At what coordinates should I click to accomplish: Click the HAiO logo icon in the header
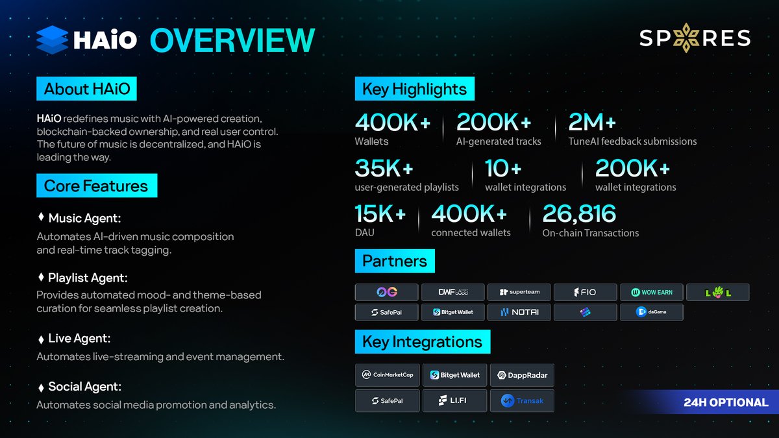point(53,39)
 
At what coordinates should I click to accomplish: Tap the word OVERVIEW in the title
point(232,40)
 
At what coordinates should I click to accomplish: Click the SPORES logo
point(695,38)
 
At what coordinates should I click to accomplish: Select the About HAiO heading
point(86,89)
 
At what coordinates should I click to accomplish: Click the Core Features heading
point(96,186)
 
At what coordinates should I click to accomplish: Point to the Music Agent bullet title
point(84,219)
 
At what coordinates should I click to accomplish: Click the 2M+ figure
point(591,123)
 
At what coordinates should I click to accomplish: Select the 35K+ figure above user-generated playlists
point(384,169)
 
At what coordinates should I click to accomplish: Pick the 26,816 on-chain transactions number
point(579,214)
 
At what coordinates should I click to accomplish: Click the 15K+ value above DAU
point(380,214)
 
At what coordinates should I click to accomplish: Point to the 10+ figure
point(503,169)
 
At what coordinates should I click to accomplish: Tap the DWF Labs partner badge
point(452,292)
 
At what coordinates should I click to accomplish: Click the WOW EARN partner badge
point(651,292)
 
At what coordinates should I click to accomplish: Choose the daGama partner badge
point(651,312)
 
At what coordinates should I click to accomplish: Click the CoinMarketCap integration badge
point(387,375)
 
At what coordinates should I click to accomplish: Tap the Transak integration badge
point(523,401)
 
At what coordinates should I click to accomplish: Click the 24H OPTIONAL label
point(725,402)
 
